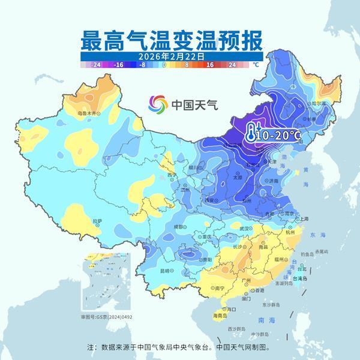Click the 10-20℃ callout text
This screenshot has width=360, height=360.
coord(278,136)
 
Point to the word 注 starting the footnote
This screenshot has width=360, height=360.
coord(91,347)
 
